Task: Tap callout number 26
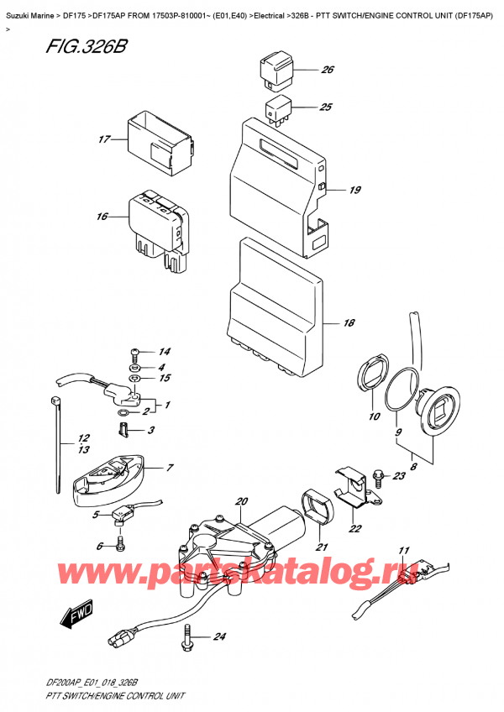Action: coord(327,70)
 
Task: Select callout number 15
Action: coord(165,379)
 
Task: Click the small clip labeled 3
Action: coord(123,431)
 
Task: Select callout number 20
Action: coord(242,502)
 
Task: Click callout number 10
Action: coord(374,417)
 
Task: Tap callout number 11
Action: coord(403,551)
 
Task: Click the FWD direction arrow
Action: coord(73,619)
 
